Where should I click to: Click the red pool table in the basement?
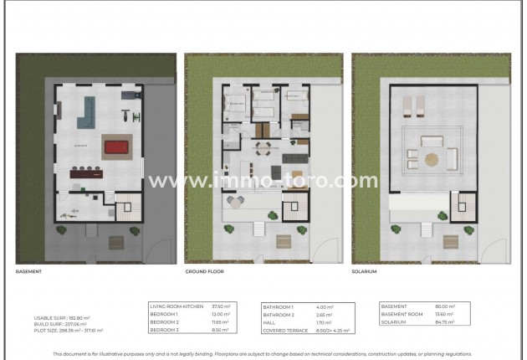coord(115,148)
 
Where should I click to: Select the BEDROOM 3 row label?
coord(166,329)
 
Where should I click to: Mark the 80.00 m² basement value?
coord(444,306)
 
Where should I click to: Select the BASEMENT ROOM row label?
coord(402,314)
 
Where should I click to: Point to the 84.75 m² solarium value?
coord(444,321)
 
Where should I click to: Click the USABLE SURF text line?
coord(62,318)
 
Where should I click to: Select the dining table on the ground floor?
coord(262,151)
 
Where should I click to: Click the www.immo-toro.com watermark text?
coord(263,180)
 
